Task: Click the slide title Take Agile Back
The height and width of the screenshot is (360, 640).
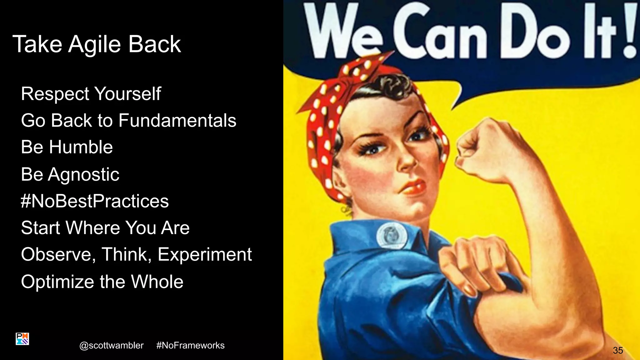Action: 97,44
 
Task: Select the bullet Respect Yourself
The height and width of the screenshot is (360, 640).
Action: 91,94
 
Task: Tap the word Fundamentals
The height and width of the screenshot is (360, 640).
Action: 177,121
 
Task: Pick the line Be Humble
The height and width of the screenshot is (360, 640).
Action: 67,147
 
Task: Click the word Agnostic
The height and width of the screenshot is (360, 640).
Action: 84,174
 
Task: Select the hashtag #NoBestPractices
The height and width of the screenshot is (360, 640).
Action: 95,201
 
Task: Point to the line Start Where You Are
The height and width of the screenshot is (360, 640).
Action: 105,227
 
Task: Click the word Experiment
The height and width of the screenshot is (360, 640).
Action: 205,254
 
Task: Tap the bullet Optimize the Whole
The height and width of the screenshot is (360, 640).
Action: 102,282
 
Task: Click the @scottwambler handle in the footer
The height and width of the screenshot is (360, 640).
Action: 112,345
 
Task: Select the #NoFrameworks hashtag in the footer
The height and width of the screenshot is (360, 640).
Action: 190,345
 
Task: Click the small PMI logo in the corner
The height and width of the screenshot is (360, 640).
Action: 22,339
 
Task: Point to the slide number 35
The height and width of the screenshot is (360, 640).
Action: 618,350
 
